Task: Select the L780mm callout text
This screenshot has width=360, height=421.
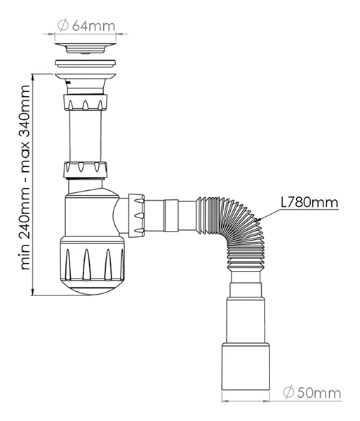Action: click(x=309, y=203)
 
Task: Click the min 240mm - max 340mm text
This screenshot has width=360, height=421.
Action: click(x=27, y=178)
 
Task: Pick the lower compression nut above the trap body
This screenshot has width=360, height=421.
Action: click(x=86, y=169)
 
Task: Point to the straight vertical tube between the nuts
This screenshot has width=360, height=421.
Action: click(x=86, y=137)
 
